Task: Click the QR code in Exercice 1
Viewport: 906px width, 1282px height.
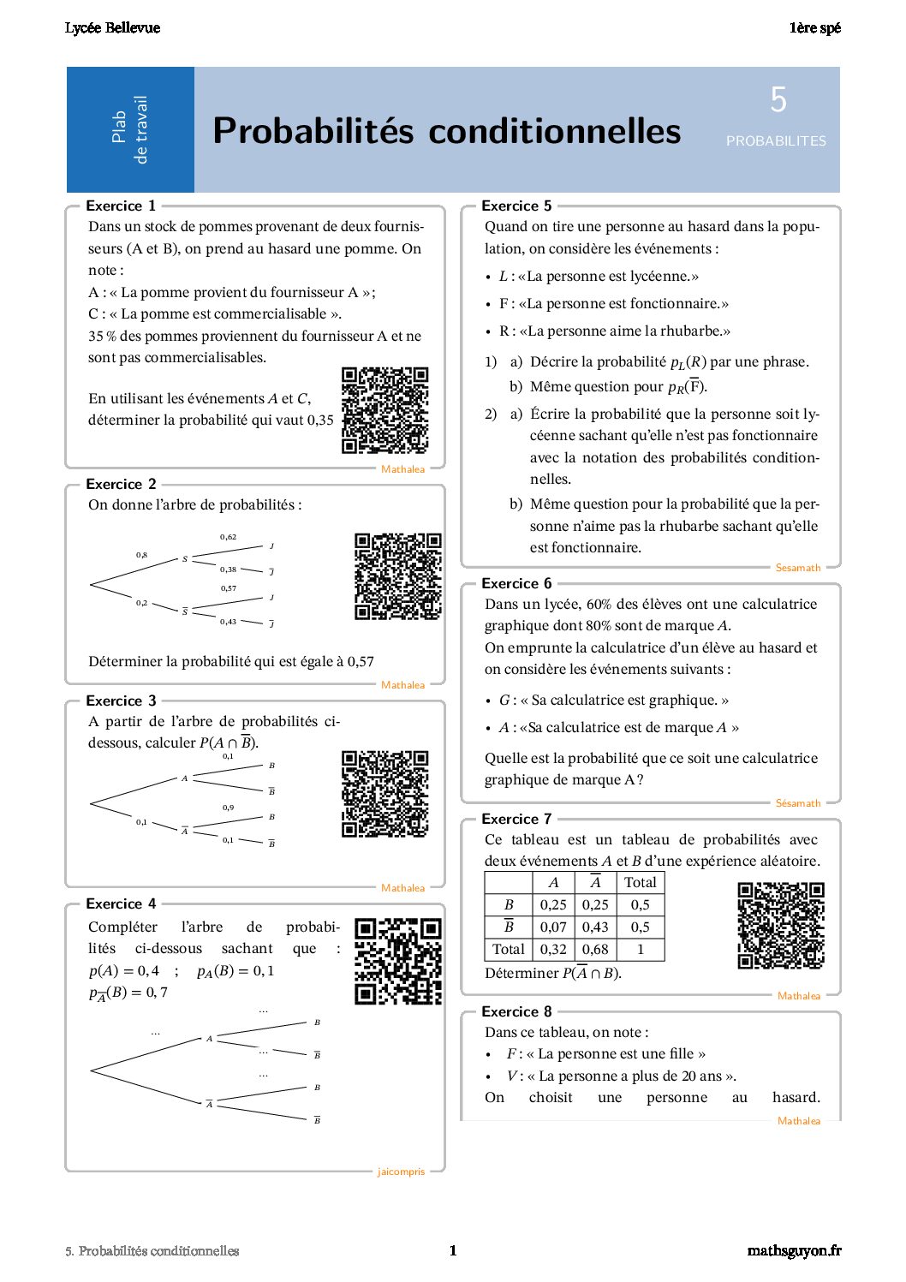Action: tap(384, 410)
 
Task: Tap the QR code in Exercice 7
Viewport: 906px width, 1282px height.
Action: tap(781, 926)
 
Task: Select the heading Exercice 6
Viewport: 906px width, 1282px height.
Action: tap(516, 583)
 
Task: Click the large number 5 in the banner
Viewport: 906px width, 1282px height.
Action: tap(778, 100)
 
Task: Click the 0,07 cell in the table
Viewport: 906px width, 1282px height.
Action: tap(553, 927)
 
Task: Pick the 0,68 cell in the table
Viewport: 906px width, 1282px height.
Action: tap(595, 949)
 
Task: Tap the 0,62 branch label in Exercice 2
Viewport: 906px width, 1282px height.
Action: tap(228, 537)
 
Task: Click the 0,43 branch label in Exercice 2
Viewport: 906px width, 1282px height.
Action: tap(228, 622)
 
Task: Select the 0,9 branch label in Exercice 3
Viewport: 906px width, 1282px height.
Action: tap(228, 808)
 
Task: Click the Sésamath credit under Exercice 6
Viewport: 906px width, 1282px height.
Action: tap(797, 803)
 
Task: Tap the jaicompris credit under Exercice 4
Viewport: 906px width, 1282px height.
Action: tap(401, 1172)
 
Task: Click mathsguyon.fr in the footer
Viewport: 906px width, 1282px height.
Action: tap(794, 1250)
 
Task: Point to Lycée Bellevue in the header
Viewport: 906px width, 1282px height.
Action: tap(112, 28)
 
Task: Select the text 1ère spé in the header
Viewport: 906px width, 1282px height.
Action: tap(814, 28)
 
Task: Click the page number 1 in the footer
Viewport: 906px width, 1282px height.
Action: tap(453, 1250)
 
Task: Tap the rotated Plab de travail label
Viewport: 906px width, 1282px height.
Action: tap(130, 129)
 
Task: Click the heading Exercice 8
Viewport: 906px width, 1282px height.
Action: tap(516, 1011)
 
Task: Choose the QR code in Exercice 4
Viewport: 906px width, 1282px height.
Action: tap(398, 961)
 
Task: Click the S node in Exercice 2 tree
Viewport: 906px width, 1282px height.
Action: tap(185, 559)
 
